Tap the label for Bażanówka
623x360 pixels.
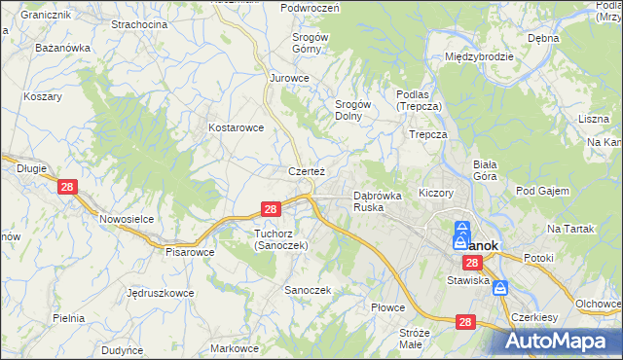62,47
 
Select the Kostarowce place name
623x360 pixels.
237,127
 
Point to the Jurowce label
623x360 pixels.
289,78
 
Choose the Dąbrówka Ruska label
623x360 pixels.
377,201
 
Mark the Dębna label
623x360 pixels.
542,38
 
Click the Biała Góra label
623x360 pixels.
485,170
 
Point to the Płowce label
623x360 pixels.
386,307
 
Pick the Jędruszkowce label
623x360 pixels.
160,292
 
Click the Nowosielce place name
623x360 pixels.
128,219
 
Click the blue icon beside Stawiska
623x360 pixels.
500,288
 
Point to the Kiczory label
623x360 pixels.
436,193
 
